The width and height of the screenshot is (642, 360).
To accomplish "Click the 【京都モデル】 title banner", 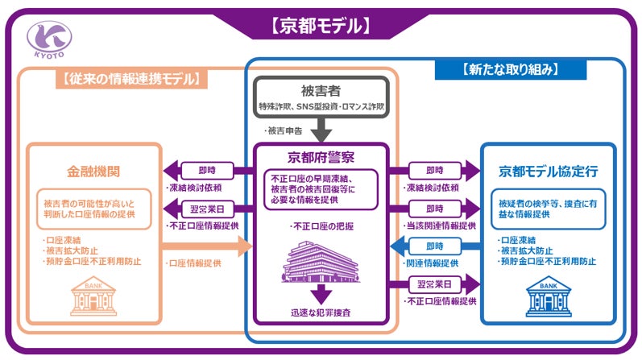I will coord(321,26).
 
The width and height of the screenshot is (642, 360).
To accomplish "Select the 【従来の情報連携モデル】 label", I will coord(130,79).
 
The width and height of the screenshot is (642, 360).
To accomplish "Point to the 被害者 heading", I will coord(321,91).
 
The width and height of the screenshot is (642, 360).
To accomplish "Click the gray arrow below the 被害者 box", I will coord(321,129).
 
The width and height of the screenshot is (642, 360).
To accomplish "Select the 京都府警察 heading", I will coord(321,157).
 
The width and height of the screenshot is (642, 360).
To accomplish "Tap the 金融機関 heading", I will coord(93,172).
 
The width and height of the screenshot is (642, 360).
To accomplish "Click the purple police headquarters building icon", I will coord(321,259).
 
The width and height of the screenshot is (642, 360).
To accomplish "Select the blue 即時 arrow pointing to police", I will coord(430,245).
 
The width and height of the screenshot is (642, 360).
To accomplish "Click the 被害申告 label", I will coord(283,130).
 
